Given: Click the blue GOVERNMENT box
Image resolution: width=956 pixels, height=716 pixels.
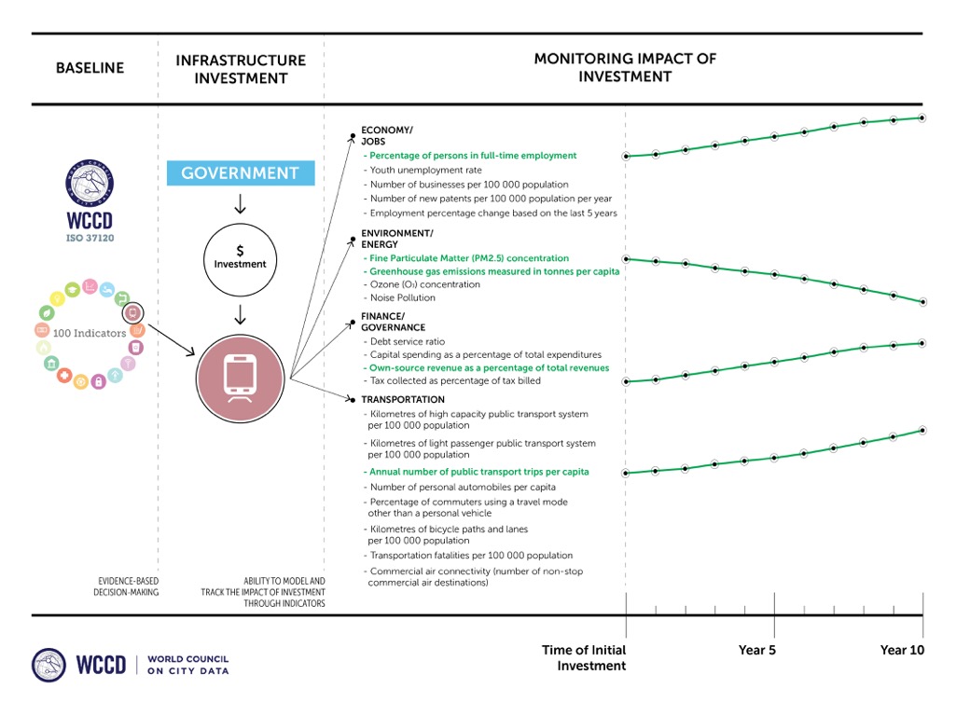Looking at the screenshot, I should click(240, 173).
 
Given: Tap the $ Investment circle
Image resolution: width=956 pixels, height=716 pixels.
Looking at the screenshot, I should click(240, 257).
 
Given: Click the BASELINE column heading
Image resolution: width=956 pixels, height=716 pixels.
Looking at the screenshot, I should click(90, 68).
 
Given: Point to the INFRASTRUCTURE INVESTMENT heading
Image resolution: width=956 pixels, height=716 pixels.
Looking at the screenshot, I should click(240, 69).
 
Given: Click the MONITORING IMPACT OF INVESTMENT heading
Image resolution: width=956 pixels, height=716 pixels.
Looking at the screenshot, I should click(624, 67).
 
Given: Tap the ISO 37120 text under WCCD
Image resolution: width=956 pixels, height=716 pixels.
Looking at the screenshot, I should click(90, 237).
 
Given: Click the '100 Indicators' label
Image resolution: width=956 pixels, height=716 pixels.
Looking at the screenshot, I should click(90, 333).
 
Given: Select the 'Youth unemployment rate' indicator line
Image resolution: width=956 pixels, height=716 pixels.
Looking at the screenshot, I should click(425, 171).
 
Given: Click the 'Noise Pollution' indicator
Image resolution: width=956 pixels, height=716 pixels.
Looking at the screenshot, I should click(402, 298).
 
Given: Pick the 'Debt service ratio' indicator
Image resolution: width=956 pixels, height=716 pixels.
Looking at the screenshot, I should click(408, 341).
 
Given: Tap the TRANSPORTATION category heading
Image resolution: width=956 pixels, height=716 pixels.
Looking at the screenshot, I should click(403, 400).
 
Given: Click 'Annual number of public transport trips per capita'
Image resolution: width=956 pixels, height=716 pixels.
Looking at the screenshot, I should click(478, 472).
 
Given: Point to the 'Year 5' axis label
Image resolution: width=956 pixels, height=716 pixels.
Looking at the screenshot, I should click(756, 650).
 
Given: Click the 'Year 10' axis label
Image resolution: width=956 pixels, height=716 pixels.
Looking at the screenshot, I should click(902, 650).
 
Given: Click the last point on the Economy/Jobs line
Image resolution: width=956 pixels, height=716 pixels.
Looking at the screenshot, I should click(922, 117).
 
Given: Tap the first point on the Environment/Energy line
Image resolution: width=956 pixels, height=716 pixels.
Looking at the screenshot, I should click(626, 258).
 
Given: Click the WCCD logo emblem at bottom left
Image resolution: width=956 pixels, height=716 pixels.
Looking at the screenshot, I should click(48, 664).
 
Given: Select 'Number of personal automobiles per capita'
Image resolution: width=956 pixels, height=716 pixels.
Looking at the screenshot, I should click(463, 487).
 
